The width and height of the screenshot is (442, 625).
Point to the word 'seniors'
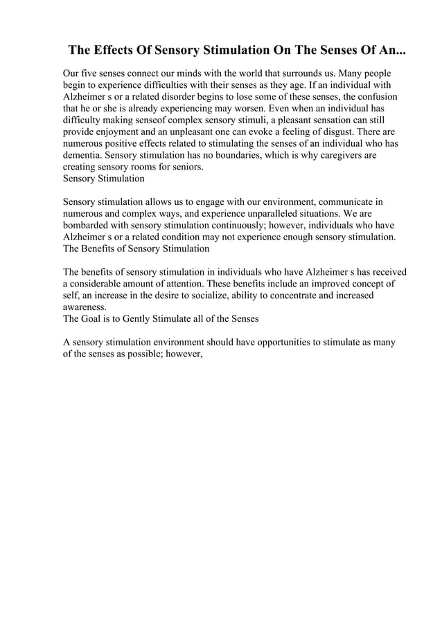pyautogui.click(x=180, y=167)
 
